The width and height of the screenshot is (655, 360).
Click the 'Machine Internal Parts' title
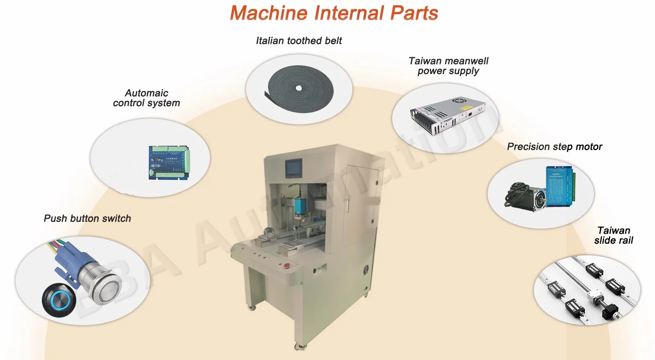coord(334,13)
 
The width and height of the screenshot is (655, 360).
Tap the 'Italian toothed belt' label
coord(299,40)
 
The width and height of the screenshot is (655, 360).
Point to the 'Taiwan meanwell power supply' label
coord(449,66)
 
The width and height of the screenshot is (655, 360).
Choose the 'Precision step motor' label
coord(555,146)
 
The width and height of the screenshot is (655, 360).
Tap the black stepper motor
coord(528,196)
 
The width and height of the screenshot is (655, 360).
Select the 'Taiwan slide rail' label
coord(614,235)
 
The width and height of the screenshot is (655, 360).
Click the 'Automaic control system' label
coord(147,98)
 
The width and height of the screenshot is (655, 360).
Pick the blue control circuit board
coord(169,162)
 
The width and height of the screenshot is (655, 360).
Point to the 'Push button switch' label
coord(87,218)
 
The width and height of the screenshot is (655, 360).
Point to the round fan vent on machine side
coord(366,270)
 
